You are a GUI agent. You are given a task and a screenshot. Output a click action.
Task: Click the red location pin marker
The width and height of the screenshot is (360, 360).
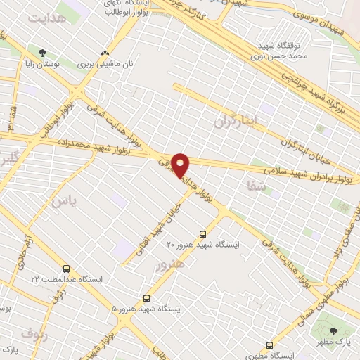181,165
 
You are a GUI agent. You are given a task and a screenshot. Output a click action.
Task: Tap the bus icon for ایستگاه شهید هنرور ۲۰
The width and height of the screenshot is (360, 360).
203,233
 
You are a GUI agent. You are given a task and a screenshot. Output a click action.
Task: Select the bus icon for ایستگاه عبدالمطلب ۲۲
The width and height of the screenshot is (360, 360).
67,269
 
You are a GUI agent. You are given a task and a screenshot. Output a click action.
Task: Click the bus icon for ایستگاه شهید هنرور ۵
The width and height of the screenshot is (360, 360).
146,298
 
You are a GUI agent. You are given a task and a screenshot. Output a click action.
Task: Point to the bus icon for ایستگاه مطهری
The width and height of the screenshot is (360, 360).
269,345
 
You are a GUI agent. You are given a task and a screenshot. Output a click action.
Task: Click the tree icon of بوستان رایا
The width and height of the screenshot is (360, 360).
44,53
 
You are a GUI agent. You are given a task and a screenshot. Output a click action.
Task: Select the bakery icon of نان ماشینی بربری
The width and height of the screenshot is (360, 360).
105,53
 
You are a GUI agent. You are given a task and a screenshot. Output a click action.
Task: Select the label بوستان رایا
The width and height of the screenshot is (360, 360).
41,64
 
